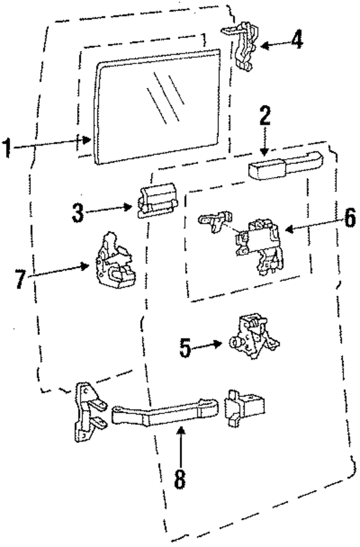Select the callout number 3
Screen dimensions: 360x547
pos(78,213)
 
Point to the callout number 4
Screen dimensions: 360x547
pos(297,40)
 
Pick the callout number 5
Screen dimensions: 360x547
pos(185,348)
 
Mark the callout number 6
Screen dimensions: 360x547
pos(350,218)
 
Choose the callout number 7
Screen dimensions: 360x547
pos(21,279)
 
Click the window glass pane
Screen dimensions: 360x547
pos(158,107)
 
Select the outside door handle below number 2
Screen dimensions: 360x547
pos(285,166)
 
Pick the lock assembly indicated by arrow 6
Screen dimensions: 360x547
pos(259,247)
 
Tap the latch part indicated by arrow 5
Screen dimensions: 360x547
pos(254,335)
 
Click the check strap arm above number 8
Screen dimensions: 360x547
pos(165,412)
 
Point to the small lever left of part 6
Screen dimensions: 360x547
pos(215,221)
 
